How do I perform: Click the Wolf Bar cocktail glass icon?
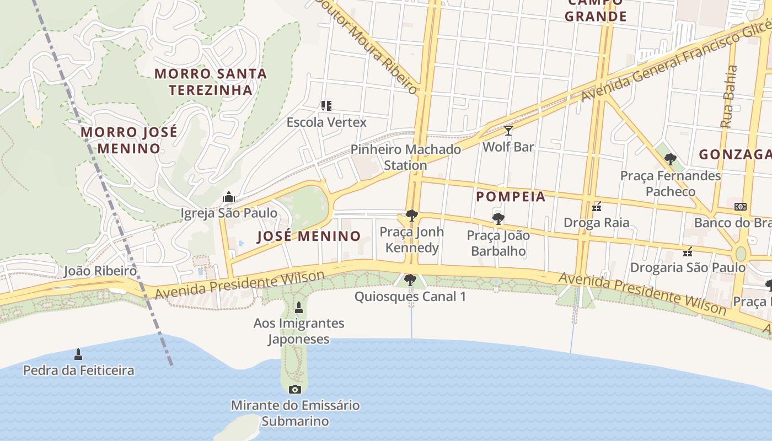point(508,131)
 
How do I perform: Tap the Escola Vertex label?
point(326,122)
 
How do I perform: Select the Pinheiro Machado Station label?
point(406,157)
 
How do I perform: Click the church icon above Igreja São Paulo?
point(229,197)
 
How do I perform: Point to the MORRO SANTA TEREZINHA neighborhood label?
point(210,82)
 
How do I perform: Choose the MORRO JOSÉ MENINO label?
point(129,140)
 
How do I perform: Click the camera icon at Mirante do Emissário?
point(295,390)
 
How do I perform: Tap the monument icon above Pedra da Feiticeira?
point(78,354)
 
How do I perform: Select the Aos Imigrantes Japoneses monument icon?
point(299,308)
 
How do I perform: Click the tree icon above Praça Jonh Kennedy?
point(411,216)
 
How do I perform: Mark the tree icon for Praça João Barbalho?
point(498,219)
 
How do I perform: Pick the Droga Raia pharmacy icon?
point(596,207)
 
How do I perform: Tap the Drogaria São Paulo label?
point(688,268)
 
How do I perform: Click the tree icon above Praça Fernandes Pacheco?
point(671,160)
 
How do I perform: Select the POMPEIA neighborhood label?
point(511,197)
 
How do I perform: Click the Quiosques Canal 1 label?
point(410,297)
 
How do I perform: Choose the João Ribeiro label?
point(100,271)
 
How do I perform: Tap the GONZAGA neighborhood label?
point(735,155)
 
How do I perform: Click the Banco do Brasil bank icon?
point(741,206)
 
